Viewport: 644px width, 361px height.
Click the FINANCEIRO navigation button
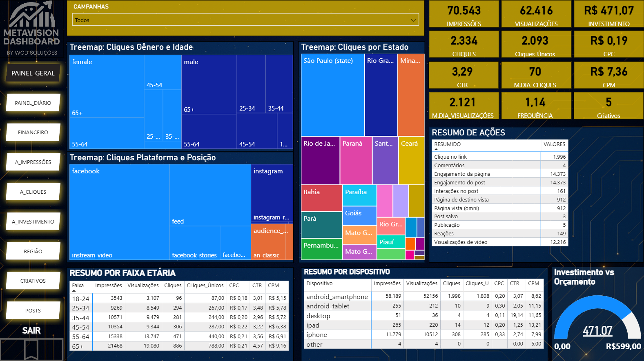[33, 133]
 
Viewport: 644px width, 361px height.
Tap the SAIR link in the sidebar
[31, 330]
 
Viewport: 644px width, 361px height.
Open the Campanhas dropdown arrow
[413, 20]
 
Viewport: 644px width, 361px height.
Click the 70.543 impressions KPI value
[464, 11]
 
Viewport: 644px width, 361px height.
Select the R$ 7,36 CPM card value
[608, 72]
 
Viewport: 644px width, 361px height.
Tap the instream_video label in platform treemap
[92, 255]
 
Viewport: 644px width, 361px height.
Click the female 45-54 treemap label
[154, 85]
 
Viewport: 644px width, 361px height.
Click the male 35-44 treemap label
[276, 109]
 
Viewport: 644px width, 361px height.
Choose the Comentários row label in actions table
[449, 166]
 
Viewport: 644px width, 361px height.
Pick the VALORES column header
[554, 144]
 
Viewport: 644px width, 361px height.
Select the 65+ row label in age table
[78, 346]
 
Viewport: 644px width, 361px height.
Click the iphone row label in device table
[316, 335]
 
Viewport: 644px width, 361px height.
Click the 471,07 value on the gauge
[597, 330]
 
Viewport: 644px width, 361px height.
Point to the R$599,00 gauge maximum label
[623, 347]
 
